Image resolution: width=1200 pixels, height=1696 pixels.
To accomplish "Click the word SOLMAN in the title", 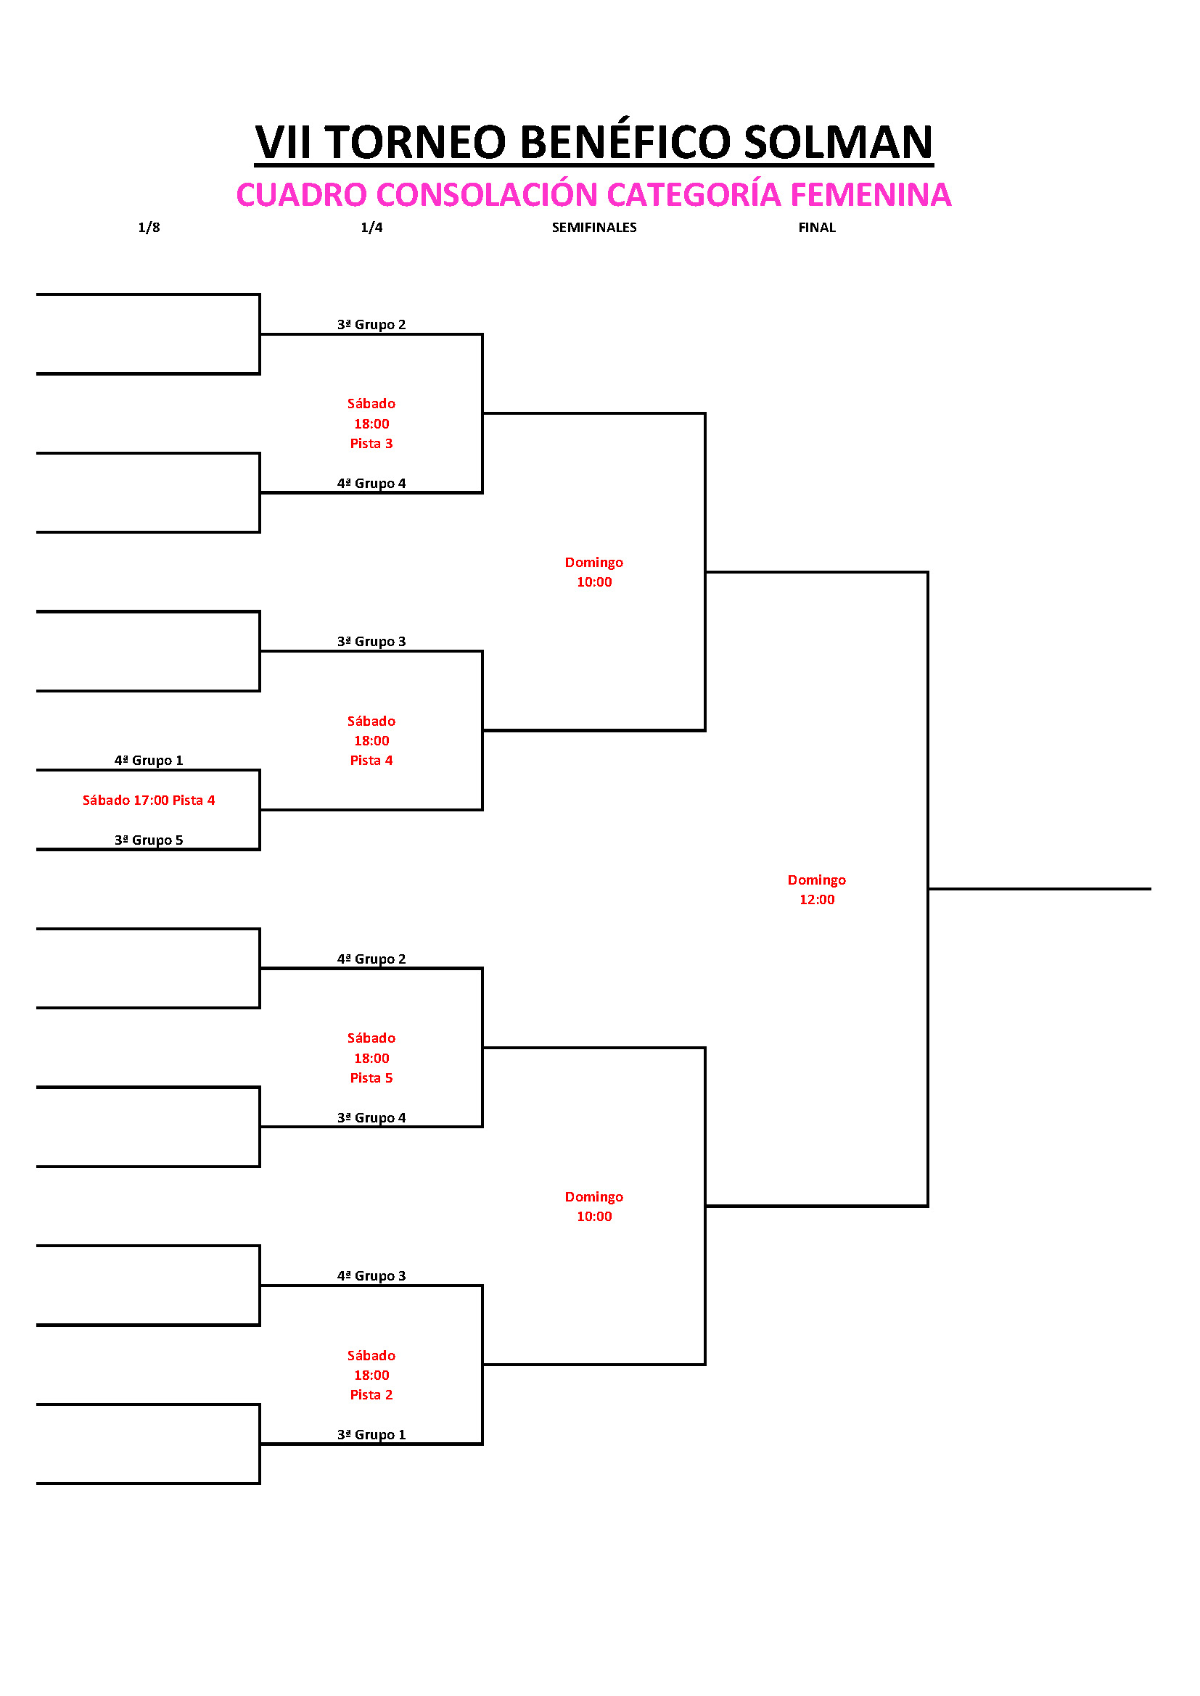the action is pos(838,142).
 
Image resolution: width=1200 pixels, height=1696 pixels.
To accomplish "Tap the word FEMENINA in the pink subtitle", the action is pos(871,195).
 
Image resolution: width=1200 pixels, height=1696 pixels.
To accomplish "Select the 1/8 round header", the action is pos(149,228).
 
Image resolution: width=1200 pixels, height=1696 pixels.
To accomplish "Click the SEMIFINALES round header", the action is pos(594,228).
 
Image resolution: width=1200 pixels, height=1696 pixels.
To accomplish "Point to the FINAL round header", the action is pos(816,228).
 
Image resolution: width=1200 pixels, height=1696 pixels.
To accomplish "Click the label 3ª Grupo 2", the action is pos(371,324).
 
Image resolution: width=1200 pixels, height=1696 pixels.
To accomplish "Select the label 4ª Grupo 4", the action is pos(371,483).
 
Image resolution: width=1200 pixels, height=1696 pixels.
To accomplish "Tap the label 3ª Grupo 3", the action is pos(371,641).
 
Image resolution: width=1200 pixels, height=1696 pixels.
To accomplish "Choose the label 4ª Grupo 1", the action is pos(149,760).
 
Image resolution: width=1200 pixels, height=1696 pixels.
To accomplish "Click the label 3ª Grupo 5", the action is pos(149,840).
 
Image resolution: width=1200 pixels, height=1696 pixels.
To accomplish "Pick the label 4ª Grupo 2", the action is pos(371,959).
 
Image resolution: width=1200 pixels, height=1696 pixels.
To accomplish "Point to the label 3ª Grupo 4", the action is pos(371,1117).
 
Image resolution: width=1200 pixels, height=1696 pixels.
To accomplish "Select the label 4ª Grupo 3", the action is pos(371,1275).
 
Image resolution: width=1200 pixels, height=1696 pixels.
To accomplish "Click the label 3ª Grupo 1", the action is pos(371,1434).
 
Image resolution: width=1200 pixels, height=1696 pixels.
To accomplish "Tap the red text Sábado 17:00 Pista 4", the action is pos(149,800).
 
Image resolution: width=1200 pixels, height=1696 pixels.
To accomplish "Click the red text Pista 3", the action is pos(371,443).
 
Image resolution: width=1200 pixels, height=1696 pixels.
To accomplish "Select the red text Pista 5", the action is pos(371,1077).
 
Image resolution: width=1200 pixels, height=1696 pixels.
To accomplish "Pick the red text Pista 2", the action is pos(371,1394).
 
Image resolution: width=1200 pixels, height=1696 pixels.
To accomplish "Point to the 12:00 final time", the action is pos(816,899).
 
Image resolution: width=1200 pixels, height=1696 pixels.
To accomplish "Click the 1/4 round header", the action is pos(371,228).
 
